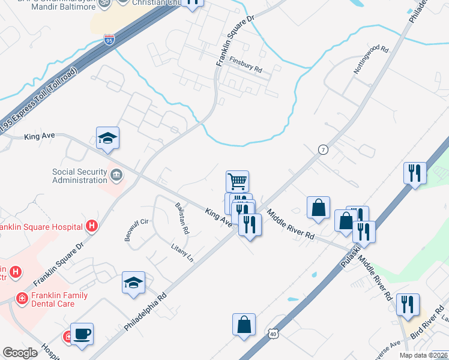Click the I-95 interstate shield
109,40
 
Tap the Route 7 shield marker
323,149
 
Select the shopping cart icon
238,181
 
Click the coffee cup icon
82,334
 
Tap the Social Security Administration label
79,176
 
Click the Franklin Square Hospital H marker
92,226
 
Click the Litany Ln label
182,253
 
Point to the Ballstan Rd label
182,217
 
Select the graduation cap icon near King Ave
108,137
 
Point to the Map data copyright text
423,355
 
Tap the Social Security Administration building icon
116,175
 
